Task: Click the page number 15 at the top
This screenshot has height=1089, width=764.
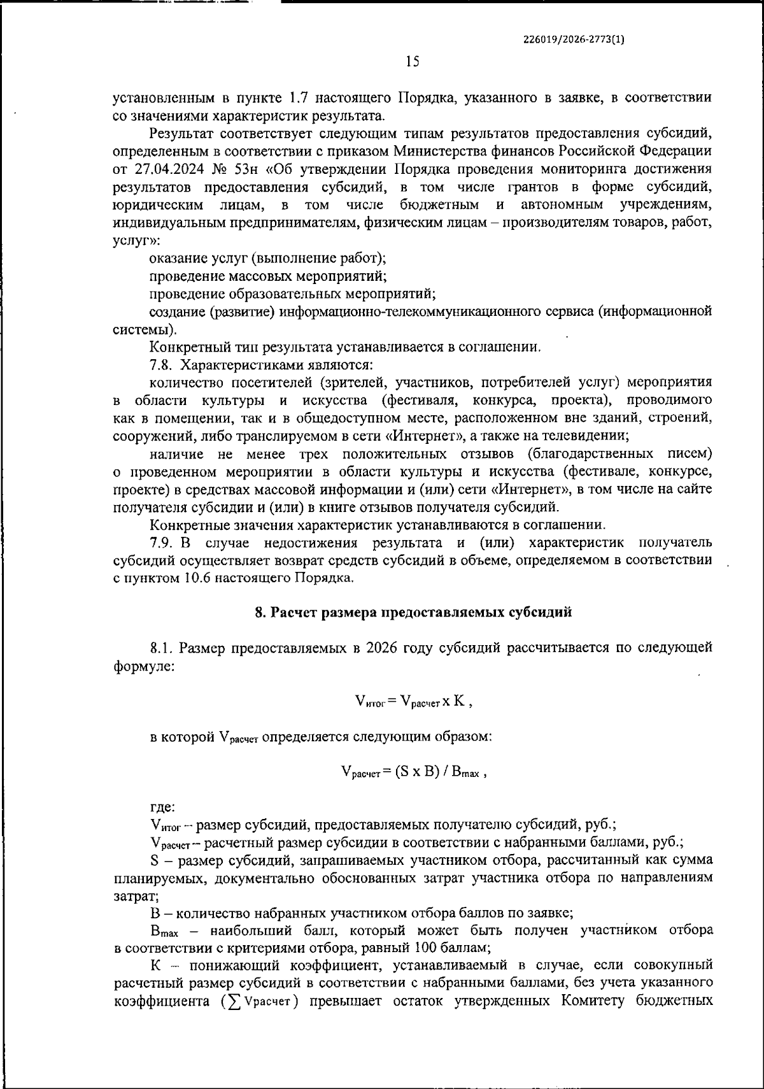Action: coord(412,62)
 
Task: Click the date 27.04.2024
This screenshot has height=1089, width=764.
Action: coord(167,169)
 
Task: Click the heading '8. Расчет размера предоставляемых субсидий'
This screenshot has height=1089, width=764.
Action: coord(413,613)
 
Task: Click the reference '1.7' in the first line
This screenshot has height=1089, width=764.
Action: coord(299,98)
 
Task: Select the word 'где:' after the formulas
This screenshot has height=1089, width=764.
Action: coord(162,808)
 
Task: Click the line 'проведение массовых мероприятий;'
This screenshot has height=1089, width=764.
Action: coord(267,276)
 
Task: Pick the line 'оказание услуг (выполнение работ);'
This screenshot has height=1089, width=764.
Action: coord(267,259)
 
